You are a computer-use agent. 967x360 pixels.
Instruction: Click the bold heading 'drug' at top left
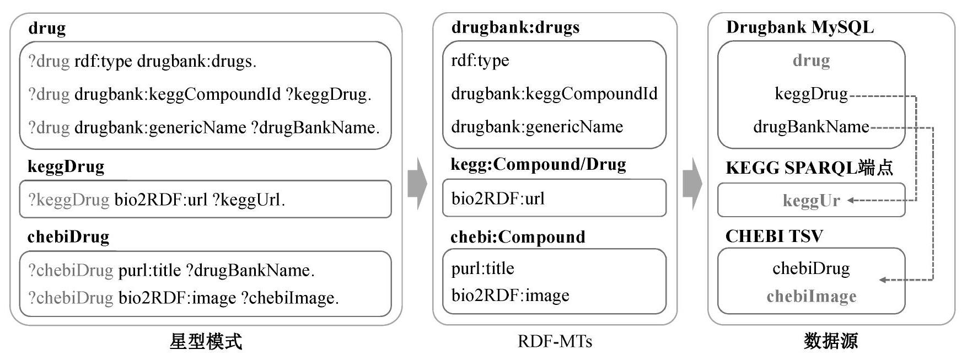[47, 28]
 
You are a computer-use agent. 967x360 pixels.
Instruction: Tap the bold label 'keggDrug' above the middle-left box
[66, 166]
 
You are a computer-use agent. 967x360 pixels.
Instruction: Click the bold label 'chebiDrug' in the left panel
[68, 237]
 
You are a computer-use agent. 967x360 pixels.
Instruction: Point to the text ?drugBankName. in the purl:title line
[250, 270]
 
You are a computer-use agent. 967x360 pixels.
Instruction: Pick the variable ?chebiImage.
[290, 298]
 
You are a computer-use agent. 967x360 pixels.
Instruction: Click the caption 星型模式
[206, 342]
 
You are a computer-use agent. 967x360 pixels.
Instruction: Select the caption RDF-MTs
[555, 342]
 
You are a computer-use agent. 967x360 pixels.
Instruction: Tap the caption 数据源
[831, 341]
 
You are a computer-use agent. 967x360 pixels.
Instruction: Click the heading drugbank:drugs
[515, 28]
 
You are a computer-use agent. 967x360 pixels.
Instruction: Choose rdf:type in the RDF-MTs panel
[480, 60]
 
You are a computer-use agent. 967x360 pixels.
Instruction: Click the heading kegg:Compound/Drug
[539, 164]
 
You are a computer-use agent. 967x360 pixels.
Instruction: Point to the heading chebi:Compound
[518, 237]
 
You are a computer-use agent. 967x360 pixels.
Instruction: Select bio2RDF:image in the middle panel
[511, 295]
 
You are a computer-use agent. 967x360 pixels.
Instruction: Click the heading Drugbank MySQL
[800, 28]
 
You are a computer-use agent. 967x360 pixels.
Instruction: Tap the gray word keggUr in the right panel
[812, 200]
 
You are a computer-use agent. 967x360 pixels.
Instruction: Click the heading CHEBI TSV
[774, 237]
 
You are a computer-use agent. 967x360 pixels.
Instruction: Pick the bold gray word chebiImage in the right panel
[812, 296]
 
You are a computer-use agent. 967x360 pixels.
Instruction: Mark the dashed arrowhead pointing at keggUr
[851, 200]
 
